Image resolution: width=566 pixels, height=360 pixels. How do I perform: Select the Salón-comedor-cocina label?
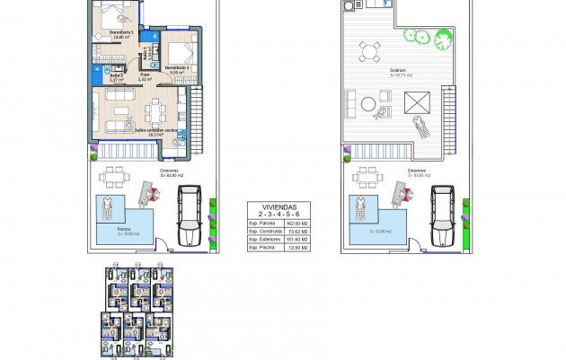click(x=131, y=130)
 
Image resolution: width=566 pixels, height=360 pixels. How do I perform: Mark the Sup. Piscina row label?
click(x=261, y=248)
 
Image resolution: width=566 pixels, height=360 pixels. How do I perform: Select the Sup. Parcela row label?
click(x=261, y=224)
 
